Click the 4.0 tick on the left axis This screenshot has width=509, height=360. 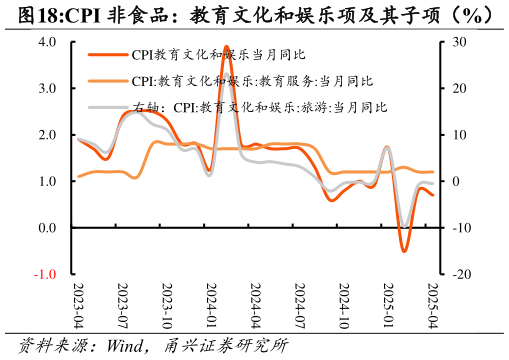[47, 42]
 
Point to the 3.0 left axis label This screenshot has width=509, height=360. [47, 89]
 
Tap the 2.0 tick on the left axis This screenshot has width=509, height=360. [47, 135]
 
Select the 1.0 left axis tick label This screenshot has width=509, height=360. [47, 182]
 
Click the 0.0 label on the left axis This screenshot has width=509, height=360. [47, 228]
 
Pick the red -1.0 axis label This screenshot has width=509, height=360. [45, 274]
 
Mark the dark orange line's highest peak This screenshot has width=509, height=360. [226, 47]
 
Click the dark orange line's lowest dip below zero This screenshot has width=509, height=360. [404, 251]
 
